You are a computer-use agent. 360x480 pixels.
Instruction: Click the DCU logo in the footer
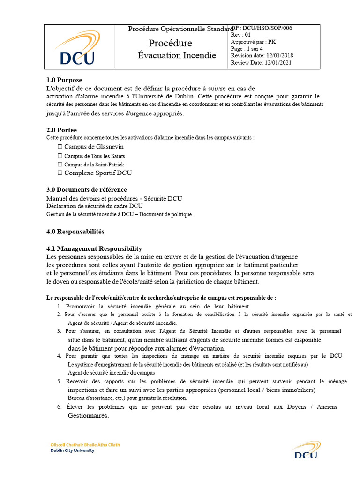[x=306, y=450]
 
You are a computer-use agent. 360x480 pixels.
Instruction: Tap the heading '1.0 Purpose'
[x=64, y=80]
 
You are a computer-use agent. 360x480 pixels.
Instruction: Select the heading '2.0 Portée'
[x=61, y=130]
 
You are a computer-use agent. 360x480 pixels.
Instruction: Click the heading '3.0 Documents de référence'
[x=86, y=190]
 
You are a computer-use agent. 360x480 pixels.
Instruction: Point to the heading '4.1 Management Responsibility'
[x=94, y=249]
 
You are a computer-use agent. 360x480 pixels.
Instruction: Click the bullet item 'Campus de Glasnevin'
[x=94, y=147]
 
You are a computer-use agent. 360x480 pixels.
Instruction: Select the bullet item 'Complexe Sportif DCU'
[x=98, y=173]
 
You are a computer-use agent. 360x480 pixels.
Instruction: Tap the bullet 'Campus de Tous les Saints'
[x=94, y=156]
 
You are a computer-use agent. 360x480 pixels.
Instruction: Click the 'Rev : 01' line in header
[x=241, y=35]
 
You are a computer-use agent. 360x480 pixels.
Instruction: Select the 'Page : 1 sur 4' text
[x=247, y=49]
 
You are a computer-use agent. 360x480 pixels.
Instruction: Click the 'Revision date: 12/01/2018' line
[x=262, y=56]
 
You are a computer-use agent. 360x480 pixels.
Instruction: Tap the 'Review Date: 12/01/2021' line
[x=261, y=63]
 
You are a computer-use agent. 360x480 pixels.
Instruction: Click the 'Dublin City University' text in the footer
[x=72, y=450]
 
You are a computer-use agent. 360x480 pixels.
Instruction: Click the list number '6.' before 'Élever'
[x=60, y=407]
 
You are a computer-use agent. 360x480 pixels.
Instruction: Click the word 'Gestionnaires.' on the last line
[x=88, y=416]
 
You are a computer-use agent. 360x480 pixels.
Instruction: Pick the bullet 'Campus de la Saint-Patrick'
[x=94, y=165]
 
